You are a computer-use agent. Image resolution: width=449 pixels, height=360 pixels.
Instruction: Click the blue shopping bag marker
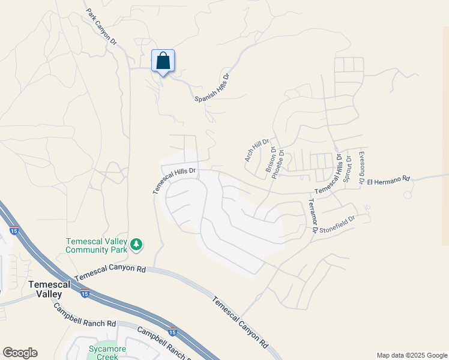click(x=163, y=61)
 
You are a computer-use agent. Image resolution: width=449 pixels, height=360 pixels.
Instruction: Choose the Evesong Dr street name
click(x=361, y=167)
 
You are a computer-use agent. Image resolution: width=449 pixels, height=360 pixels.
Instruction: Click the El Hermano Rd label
click(x=388, y=179)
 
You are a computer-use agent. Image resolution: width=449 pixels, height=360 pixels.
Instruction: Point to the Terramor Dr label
click(x=313, y=216)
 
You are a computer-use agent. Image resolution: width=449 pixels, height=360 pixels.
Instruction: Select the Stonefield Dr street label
click(x=338, y=224)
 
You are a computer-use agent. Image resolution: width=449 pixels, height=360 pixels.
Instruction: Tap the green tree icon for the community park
click(x=137, y=244)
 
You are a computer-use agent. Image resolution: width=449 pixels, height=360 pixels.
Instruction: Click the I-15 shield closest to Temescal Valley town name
click(x=85, y=294)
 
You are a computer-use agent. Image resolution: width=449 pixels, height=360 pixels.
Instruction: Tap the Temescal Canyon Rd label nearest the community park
click(x=110, y=274)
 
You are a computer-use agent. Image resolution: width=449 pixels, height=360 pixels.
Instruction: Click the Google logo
click(x=20, y=353)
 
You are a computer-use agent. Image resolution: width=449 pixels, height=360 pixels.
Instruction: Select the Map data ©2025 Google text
click(x=412, y=355)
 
